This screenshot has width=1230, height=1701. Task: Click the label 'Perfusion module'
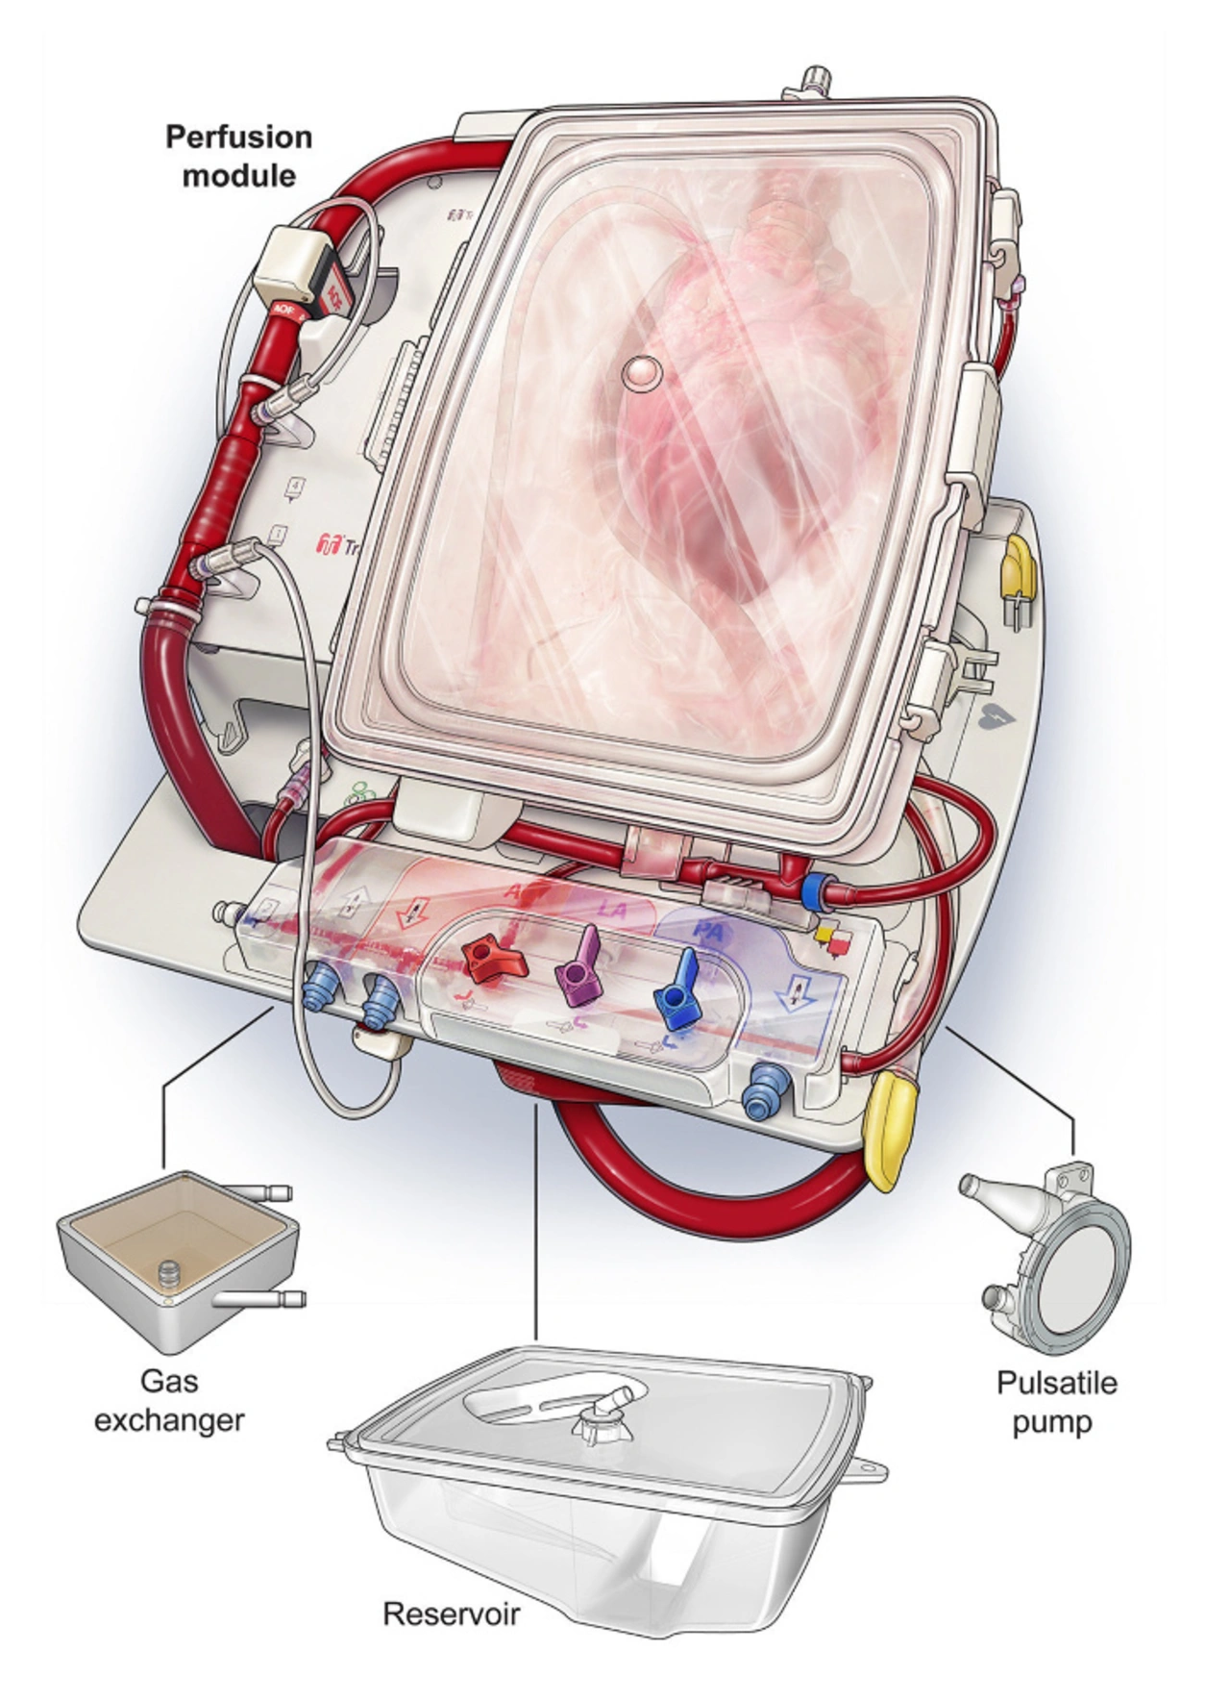[x=238, y=156]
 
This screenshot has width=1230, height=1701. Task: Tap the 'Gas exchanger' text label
[x=169, y=1400]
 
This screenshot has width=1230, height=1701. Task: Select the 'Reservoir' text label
[x=451, y=1613]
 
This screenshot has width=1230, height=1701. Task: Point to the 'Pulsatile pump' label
[x=1056, y=1402]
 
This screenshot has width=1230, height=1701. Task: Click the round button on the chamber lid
[x=640, y=373]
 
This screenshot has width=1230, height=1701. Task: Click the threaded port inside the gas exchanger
[x=169, y=1275]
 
